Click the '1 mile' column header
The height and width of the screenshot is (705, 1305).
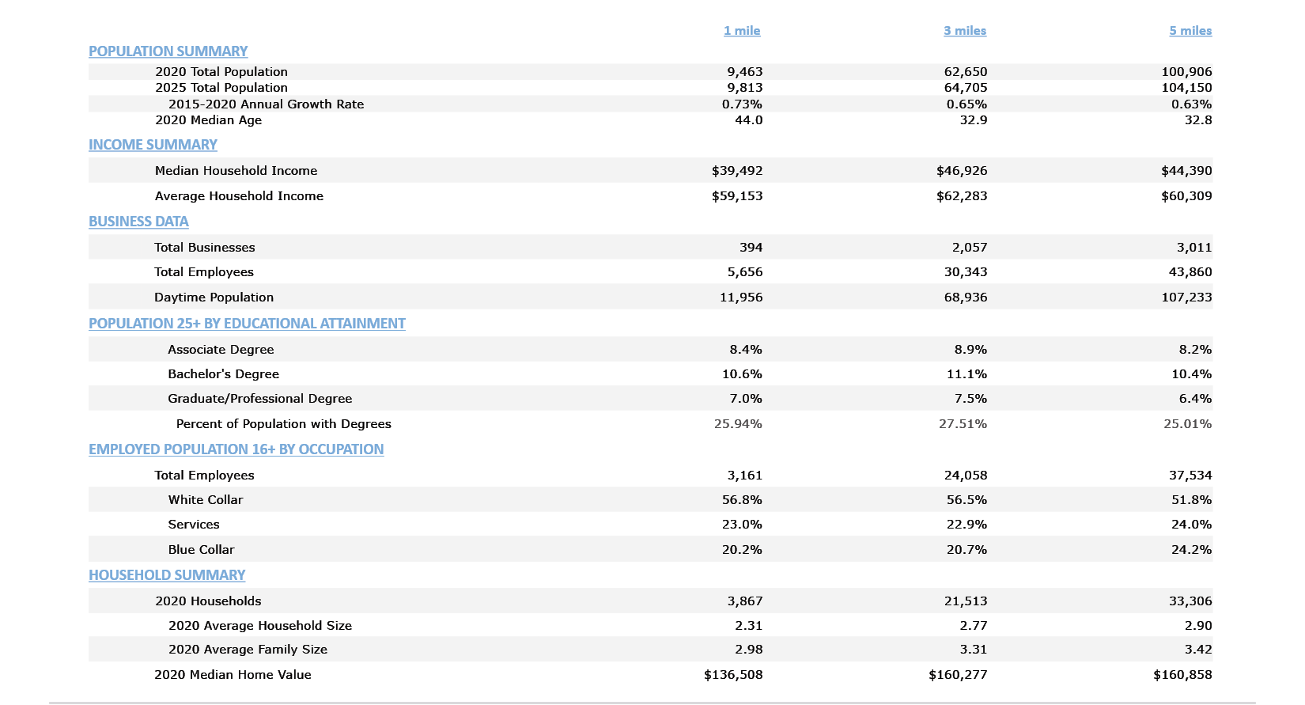(x=741, y=31)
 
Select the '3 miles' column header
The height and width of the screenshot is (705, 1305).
(x=964, y=31)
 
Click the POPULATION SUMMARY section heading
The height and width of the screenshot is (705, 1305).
(x=168, y=51)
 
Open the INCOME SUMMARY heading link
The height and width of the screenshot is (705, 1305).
(x=153, y=145)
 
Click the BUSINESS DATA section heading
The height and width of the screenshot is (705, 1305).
(x=138, y=222)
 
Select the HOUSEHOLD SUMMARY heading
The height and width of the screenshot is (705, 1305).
(x=167, y=575)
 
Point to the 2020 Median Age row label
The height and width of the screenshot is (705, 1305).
(x=208, y=120)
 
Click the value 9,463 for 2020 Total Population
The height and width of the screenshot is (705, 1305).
(x=744, y=72)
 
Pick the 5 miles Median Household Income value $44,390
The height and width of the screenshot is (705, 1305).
(x=1186, y=171)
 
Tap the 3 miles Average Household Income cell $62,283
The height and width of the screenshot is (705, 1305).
(x=961, y=196)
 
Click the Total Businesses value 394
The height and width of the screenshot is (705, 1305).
(x=751, y=248)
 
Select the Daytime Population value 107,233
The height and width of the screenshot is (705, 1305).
(x=1186, y=298)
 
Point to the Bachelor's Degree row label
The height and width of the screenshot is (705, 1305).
(x=223, y=374)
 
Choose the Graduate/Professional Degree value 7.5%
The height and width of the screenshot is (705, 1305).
(x=970, y=399)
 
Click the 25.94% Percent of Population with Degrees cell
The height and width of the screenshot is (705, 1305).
(x=737, y=424)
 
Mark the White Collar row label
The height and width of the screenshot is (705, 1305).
(x=205, y=500)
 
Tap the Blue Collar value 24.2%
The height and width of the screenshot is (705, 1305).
(x=1190, y=550)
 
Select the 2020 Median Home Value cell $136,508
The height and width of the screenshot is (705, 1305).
(x=732, y=675)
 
